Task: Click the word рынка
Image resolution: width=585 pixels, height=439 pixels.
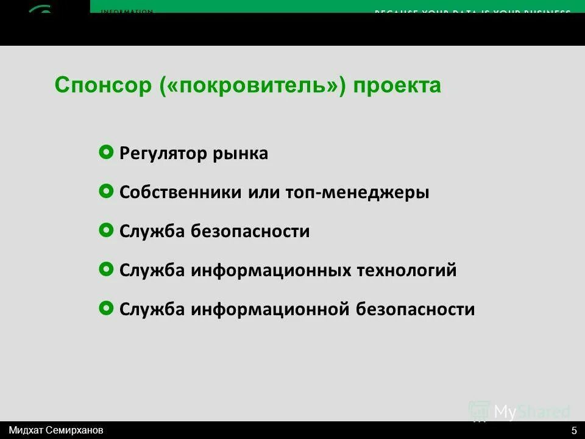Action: point(240,154)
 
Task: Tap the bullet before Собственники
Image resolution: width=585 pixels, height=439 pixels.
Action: point(105,191)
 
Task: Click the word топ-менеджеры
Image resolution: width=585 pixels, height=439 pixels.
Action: point(357,193)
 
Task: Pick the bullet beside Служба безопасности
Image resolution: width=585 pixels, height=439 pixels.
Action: point(105,230)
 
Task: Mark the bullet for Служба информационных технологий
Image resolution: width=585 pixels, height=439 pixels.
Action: point(105,269)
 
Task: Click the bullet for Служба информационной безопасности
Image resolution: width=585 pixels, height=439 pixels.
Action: point(105,308)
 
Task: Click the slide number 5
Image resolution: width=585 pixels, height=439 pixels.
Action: point(574,430)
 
